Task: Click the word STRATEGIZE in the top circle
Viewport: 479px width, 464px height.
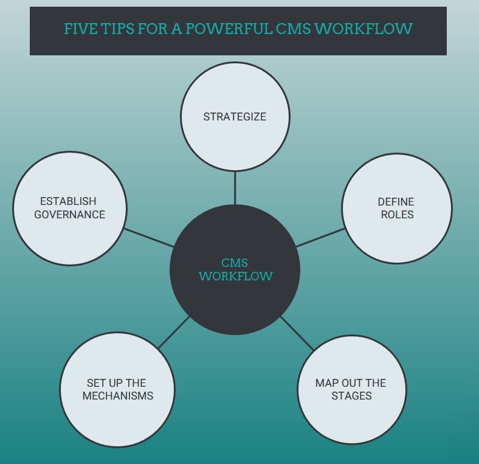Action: [235, 116]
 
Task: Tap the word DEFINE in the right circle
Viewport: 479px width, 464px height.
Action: [396, 201]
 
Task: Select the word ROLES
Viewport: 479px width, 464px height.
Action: [396, 214]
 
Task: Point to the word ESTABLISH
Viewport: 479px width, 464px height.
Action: [68, 201]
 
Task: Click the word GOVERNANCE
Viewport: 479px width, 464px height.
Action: [69, 214]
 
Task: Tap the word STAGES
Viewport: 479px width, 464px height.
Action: [351, 396]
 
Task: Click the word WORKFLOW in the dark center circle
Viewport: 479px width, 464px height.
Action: [235, 276]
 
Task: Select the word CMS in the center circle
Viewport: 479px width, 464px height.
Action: [235, 263]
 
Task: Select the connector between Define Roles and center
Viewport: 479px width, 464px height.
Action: [320, 237]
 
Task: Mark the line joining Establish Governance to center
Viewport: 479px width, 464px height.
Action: [149, 237]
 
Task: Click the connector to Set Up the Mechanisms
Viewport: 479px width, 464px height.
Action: [174, 332]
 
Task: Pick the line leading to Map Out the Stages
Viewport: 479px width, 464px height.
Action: [297, 333]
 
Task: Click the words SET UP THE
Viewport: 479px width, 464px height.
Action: [116, 383]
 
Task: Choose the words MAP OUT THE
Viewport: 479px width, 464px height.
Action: [351, 383]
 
